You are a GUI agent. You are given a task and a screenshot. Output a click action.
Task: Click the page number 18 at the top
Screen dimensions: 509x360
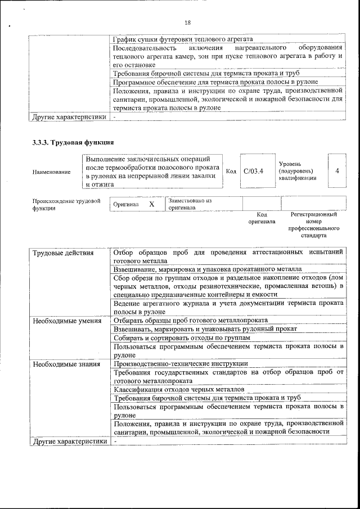click(x=187, y=22)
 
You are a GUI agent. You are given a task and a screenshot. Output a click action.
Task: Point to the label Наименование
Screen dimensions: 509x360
click(x=51, y=172)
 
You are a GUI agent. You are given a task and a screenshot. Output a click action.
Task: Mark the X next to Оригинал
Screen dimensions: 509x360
click(x=152, y=204)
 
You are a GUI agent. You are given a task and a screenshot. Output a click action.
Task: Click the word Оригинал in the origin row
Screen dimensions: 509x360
click(x=125, y=205)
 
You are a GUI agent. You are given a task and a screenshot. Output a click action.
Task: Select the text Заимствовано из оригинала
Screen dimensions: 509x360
click(x=189, y=204)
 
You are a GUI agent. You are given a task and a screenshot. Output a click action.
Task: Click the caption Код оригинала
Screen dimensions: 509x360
click(x=262, y=218)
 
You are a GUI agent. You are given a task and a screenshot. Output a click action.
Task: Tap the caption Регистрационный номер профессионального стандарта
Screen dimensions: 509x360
click(x=313, y=225)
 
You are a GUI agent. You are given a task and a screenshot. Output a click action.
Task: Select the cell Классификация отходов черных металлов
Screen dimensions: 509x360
click(x=178, y=389)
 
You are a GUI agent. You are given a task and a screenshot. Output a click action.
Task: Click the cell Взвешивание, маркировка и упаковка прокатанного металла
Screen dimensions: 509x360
click(x=208, y=269)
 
